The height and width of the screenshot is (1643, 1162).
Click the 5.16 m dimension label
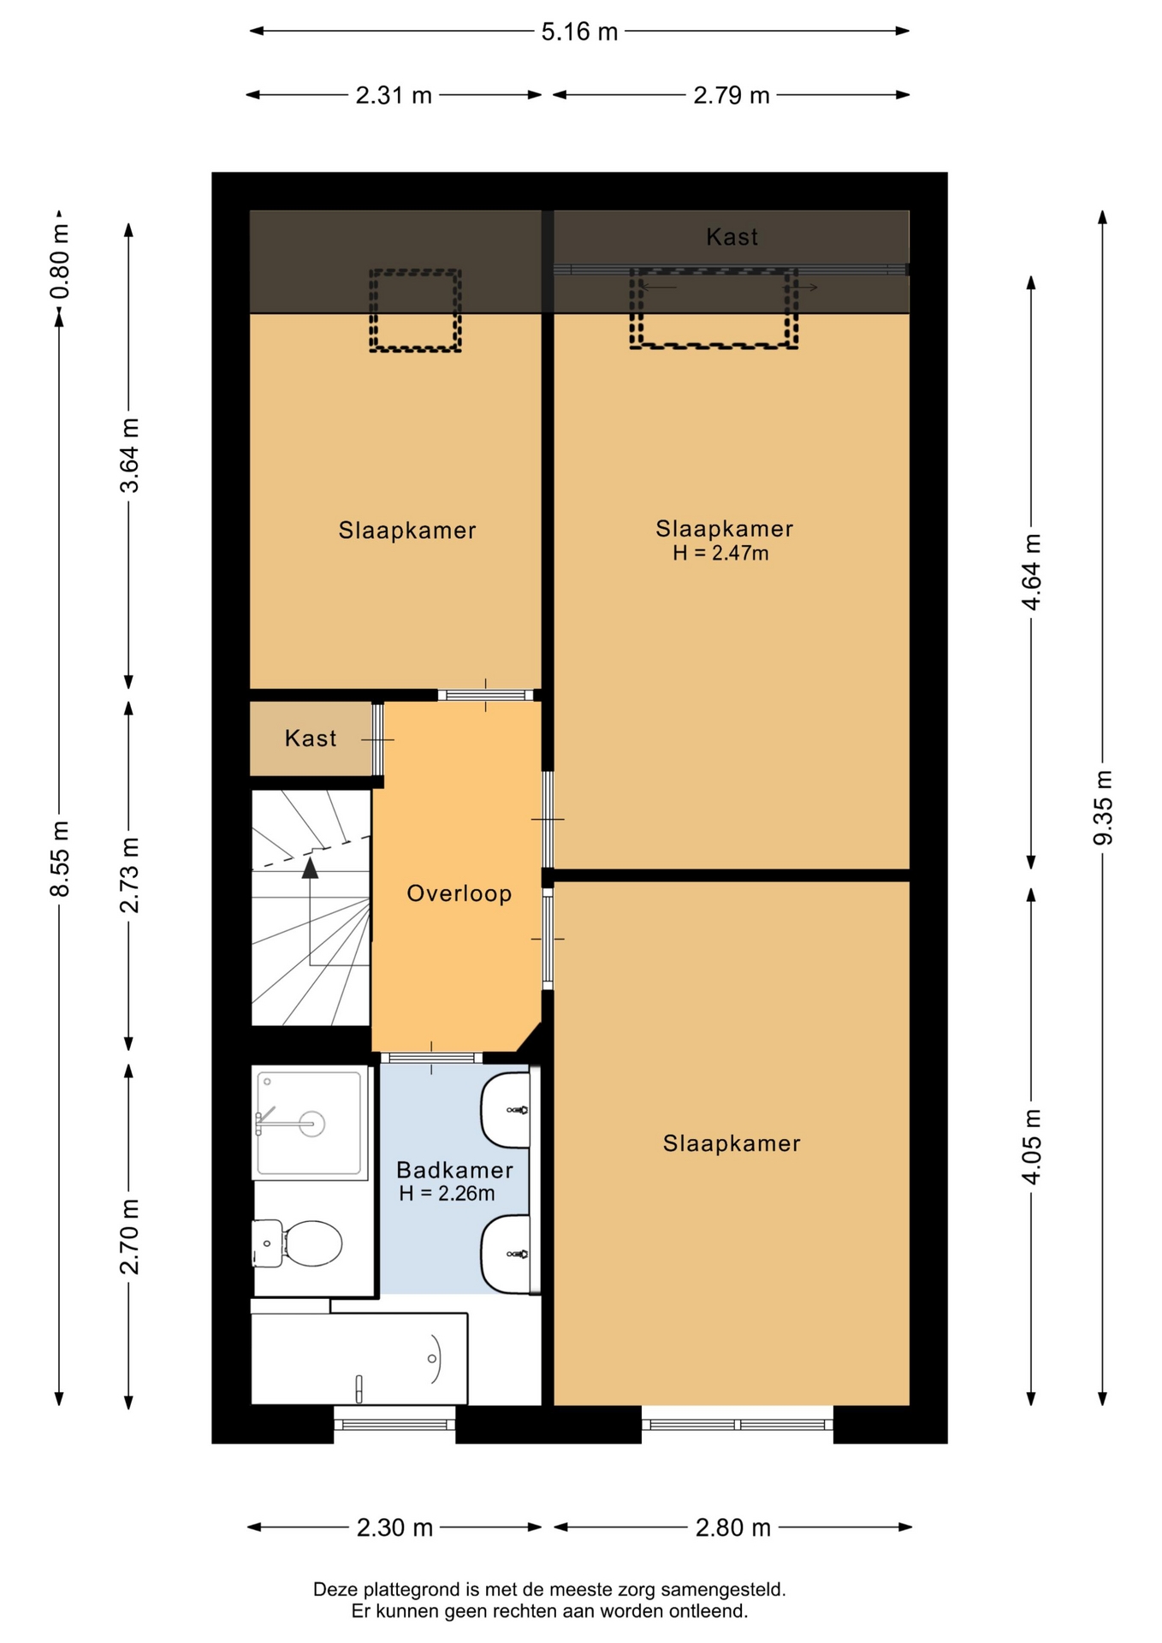(x=579, y=32)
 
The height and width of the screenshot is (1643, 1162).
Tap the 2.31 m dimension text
(x=394, y=95)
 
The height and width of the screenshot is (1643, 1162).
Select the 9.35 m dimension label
(x=1103, y=807)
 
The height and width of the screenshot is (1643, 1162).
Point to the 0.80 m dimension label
(x=59, y=261)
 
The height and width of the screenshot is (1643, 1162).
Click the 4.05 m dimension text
(x=1031, y=1147)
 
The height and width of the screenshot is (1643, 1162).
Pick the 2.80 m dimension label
(x=732, y=1527)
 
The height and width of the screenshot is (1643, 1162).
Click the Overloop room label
(x=459, y=893)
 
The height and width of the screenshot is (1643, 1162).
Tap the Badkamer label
(x=454, y=1170)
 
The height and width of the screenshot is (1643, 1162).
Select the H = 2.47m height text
(x=720, y=553)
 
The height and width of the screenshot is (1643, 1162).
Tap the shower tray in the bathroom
(x=310, y=1123)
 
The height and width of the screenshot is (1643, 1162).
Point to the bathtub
(x=359, y=1358)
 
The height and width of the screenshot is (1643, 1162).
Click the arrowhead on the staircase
(x=310, y=868)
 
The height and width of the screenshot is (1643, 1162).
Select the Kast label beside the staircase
(x=311, y=738)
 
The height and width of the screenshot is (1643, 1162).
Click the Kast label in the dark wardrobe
(x=732, y=237)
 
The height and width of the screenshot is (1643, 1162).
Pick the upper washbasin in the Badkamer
(x=506, y=1110)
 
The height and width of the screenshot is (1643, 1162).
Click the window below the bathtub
(x=394, y=1424)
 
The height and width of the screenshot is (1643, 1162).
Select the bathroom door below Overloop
(x=431, y=1058)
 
